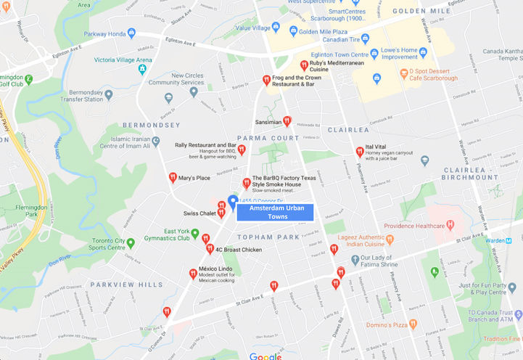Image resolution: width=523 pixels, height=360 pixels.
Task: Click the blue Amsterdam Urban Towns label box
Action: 275,212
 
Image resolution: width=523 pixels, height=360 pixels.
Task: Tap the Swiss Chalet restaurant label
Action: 199,213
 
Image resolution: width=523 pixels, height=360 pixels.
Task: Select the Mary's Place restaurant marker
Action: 173,177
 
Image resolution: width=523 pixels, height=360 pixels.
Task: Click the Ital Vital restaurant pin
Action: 360,151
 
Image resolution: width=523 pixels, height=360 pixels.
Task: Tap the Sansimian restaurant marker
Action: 287,121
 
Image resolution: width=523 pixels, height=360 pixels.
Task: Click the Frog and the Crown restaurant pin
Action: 266,80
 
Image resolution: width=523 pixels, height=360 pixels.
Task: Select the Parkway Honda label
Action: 110,33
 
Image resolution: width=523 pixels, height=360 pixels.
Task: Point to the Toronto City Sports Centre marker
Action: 131,242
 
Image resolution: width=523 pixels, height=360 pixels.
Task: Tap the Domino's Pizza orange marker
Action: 413,324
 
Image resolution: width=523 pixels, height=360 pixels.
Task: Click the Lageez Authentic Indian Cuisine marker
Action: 390,238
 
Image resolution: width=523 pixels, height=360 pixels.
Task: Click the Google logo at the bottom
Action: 265,356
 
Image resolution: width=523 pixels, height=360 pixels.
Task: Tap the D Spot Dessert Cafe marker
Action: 404,73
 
